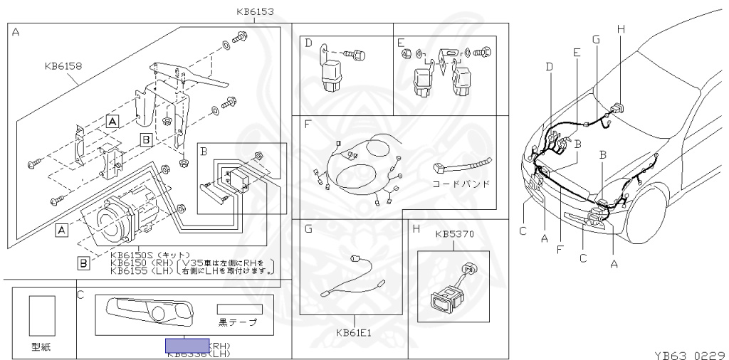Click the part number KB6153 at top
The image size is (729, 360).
(x=254, y=11)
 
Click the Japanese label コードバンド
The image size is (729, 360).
(x=461, y=184)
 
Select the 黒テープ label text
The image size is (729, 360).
(x=238, y=322)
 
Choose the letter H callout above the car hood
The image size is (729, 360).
(x=621, y=28)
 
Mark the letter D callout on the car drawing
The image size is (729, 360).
(x=549, y=67)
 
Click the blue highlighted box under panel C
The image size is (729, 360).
(x=187, y=346)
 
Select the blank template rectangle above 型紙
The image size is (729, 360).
(x=42, y=316)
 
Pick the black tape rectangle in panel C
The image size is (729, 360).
(x=239, y=309)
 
